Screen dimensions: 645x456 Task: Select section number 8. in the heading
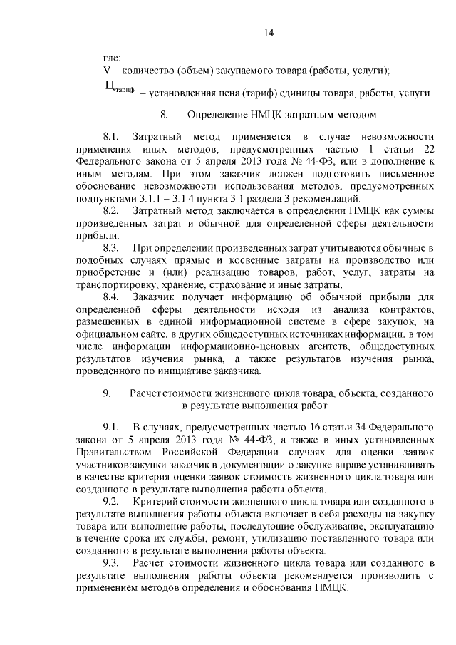pyautogui.click(x=165, y=114)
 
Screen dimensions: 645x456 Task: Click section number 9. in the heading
pyautogui.click(x=107, y=393)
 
